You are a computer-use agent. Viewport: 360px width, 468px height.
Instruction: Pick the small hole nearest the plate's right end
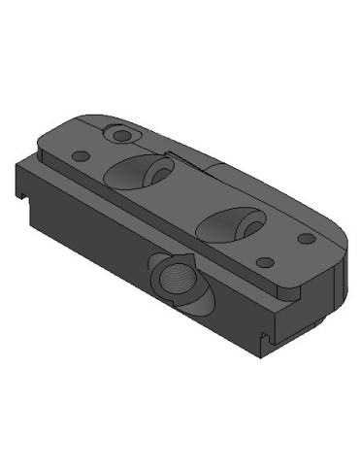[x=306, y=238]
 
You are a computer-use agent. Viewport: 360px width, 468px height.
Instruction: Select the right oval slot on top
[x=229, y=222]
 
